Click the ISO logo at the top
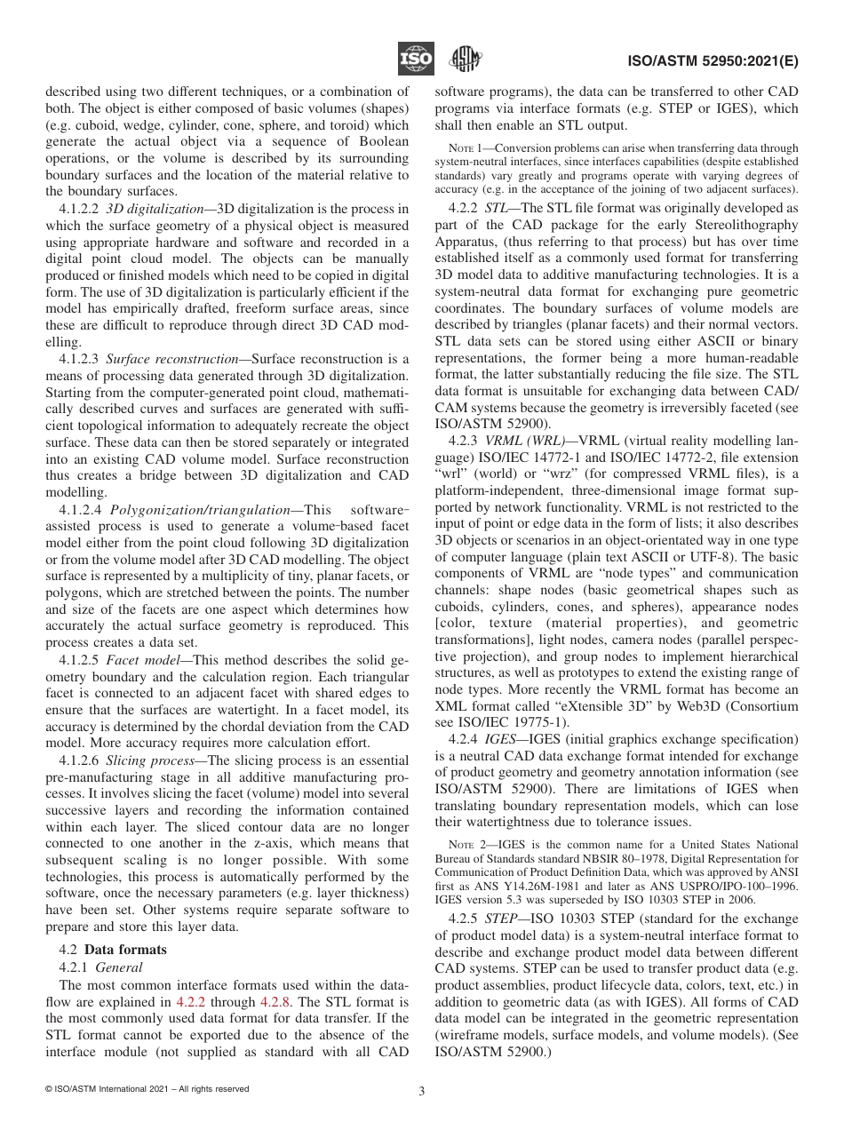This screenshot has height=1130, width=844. point(416,60)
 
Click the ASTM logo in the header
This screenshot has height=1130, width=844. point(465,60)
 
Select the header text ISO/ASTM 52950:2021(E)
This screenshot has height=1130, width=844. point(721,61)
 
